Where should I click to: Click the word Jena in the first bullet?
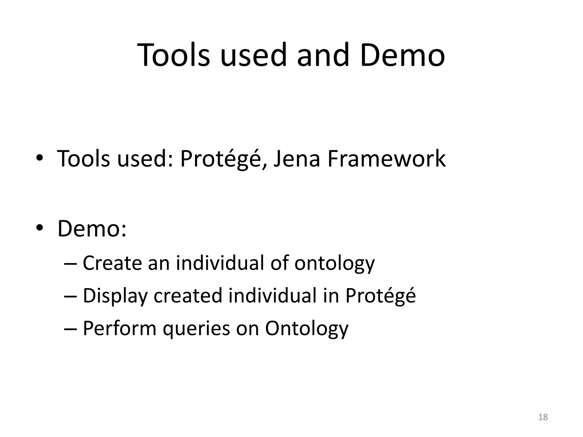click(297, 158)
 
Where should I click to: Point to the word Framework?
click(387, 158)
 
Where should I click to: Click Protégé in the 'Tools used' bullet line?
click(221, 158)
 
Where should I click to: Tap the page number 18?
click(543, 417)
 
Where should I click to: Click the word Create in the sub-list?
click(112, 263)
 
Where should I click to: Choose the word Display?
click(115, 296)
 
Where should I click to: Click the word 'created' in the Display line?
click(188, 296)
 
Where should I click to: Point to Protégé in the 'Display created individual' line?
click(380, 296)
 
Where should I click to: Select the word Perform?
click(119, 328)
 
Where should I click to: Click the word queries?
click(196, 329)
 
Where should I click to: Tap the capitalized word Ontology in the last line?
click(307, 329)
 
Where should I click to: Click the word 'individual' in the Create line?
click(220, 263)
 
